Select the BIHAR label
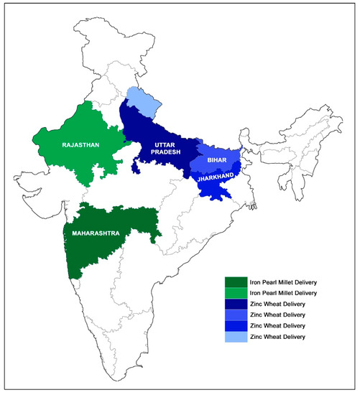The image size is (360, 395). (x=216, y=161)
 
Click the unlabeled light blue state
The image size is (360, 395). (x=141, y=102)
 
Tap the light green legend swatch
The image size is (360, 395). (x=235, y=293)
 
